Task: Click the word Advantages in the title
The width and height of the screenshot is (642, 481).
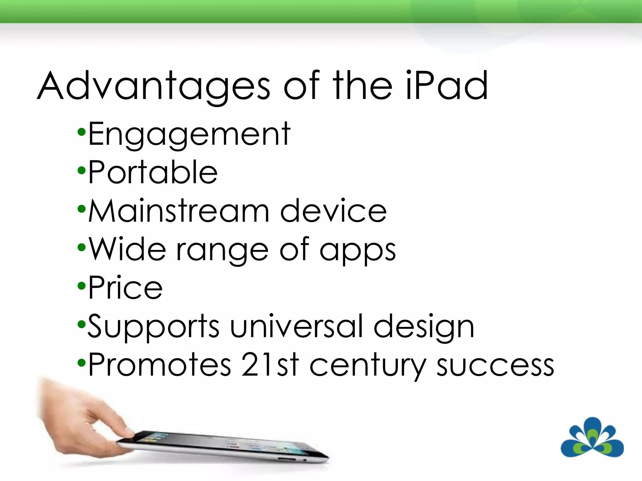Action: point(154,86)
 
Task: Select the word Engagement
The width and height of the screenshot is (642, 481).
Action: point(189,135)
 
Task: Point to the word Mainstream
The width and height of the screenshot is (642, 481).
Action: point(179,211)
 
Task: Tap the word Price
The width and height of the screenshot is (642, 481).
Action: point(125,287)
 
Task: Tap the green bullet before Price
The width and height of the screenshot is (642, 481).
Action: point(82,286)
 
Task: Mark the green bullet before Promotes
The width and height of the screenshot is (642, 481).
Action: point(82,363)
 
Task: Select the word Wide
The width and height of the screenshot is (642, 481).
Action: point(127,249)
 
